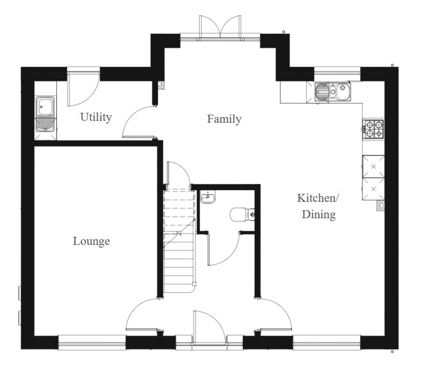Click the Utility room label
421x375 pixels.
tap(96, 117)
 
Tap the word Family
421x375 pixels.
tap(224, 119)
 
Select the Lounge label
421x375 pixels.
tap(91, 241)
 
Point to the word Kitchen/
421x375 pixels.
tap(318, 198)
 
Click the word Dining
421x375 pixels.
tap(319, 215)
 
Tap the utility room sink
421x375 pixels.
tap(45, 115)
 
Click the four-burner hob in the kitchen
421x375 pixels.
tap(373, 129)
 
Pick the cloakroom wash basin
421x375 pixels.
tap(208, 197)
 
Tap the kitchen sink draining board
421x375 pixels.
tap(321, 92)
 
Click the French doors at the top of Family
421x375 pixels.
tap(220, 27)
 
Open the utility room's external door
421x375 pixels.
tap(83, 88)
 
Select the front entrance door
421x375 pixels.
tap(209, 327)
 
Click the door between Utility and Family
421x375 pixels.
tap(138, 122)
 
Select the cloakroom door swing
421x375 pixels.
tap(223, 249)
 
